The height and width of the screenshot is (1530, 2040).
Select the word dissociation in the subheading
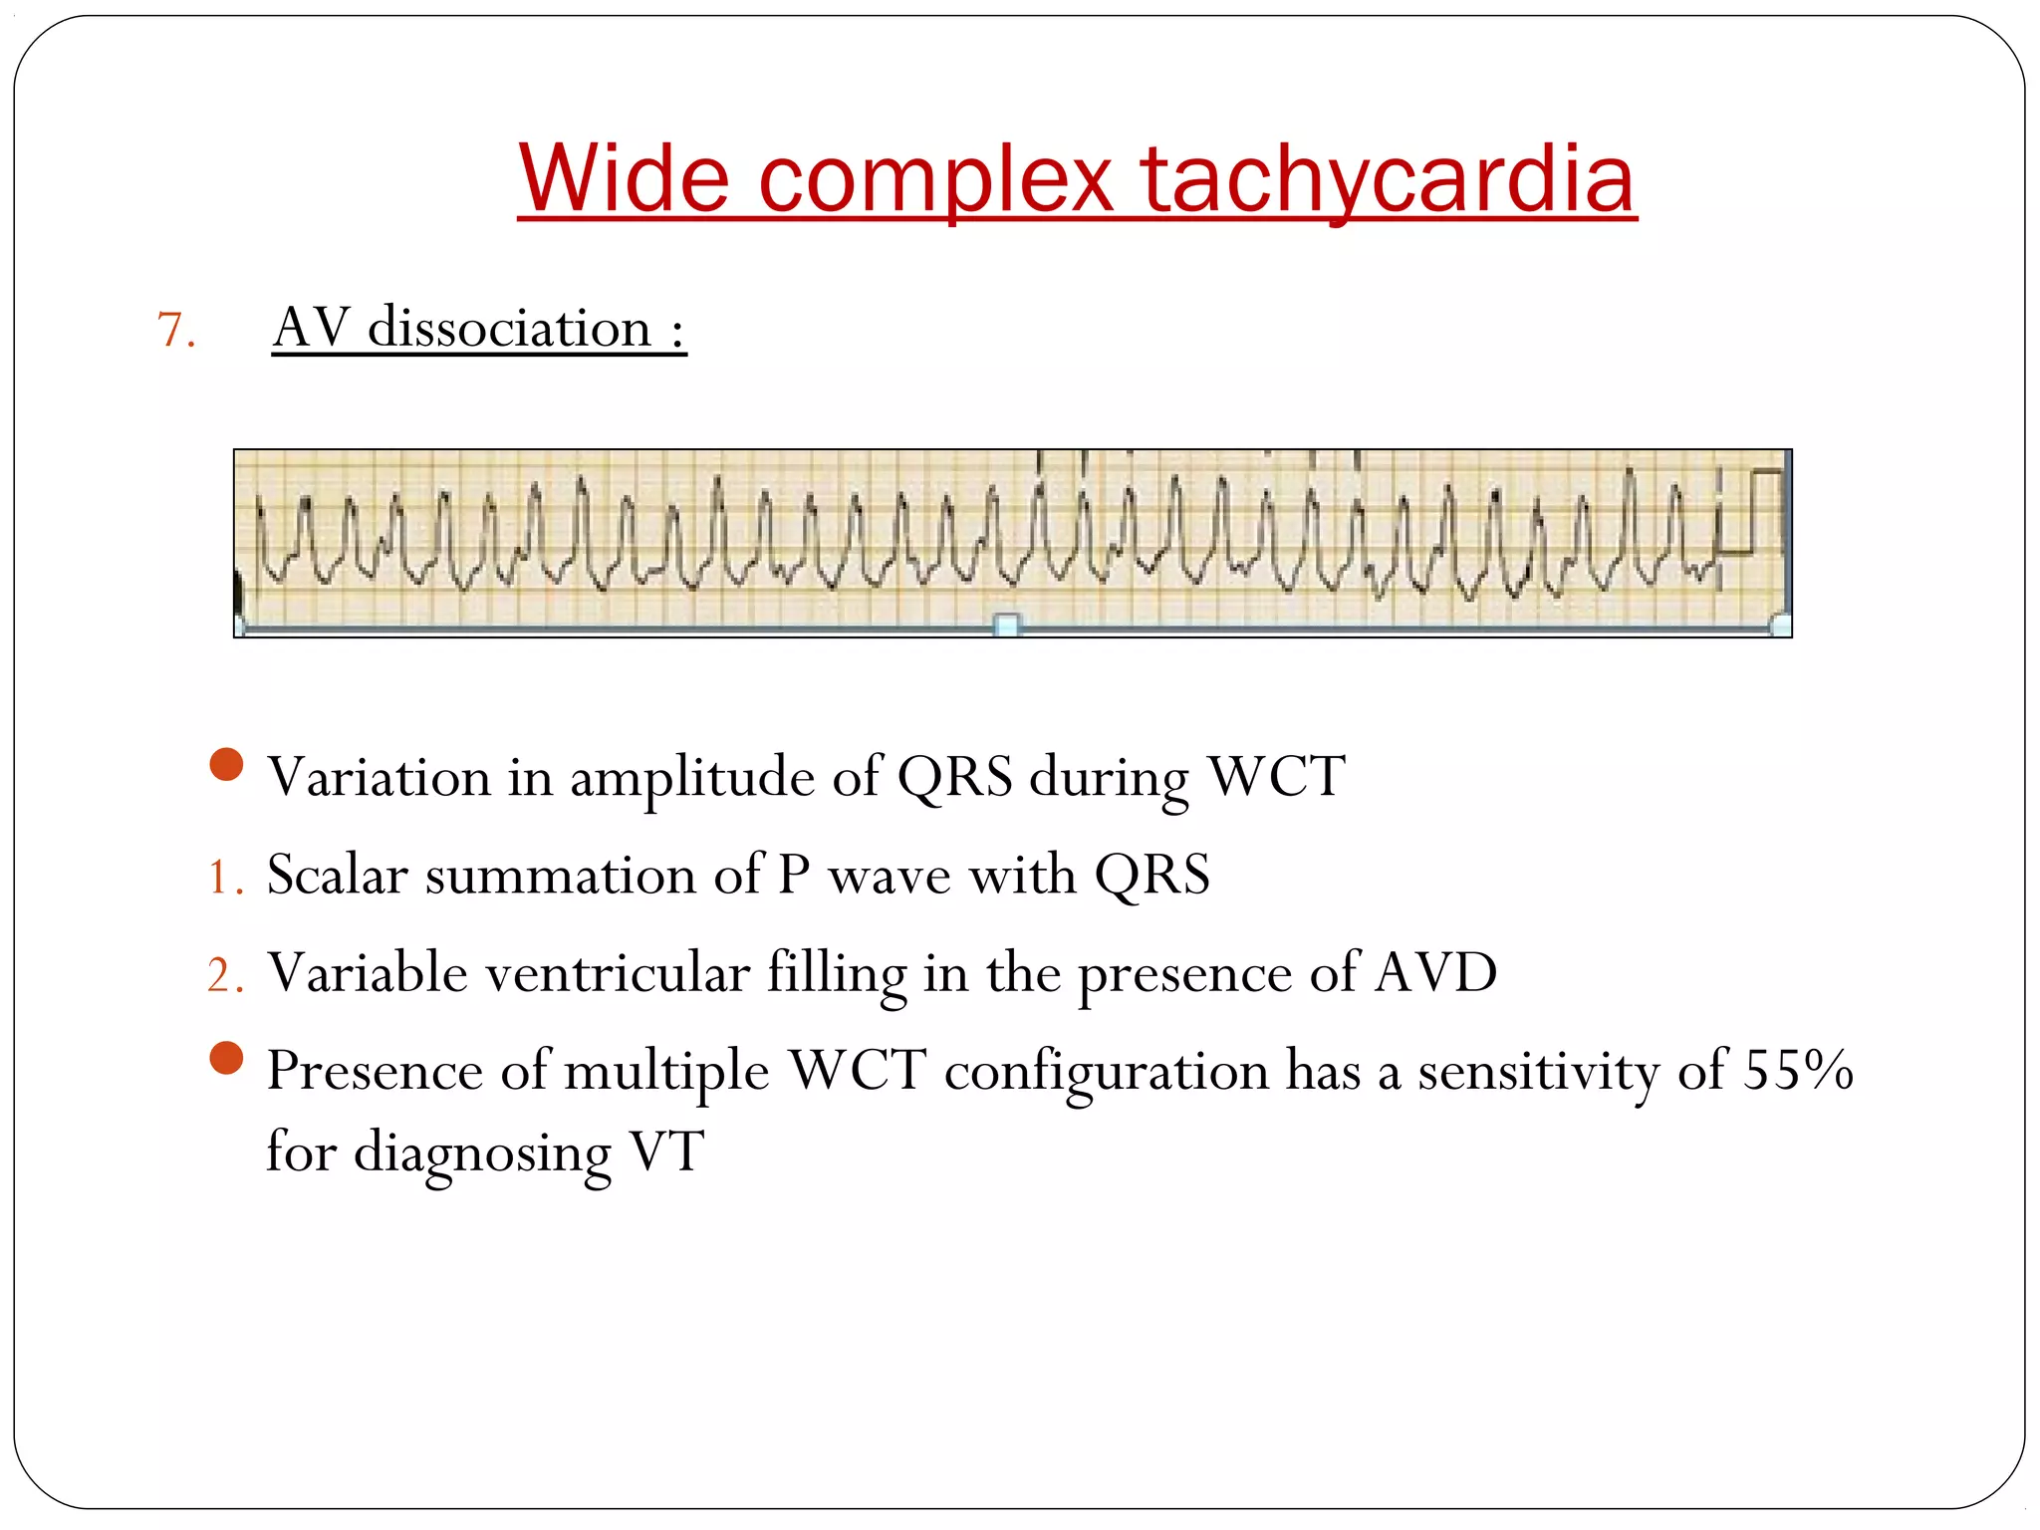point(509,329)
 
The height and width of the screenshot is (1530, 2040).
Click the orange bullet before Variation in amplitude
point(227,765)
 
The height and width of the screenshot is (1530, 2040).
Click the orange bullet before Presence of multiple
point(227,1059)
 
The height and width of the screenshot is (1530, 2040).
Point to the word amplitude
point(691,778)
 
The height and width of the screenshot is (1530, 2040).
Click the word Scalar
point(338,876)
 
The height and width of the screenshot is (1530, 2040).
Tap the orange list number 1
point(220,879)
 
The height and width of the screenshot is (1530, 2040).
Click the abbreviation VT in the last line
point(666,1152)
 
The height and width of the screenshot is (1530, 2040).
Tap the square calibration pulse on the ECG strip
point(1752,510)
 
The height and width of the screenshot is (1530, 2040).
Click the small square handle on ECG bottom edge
point(1007,626)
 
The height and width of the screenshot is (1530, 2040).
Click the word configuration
point(1106,1072)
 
